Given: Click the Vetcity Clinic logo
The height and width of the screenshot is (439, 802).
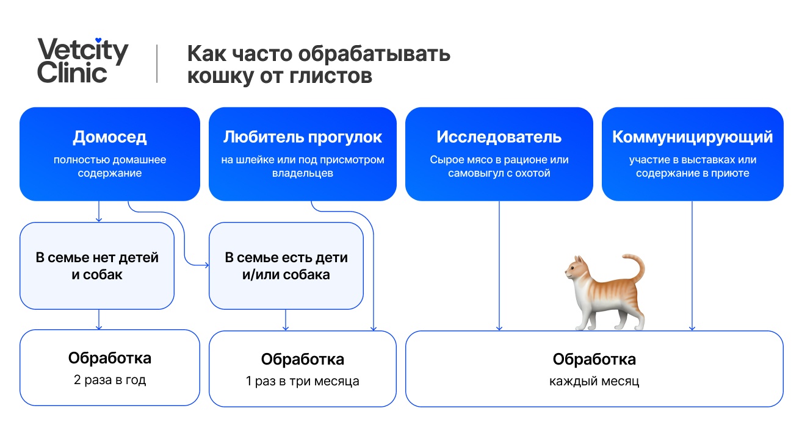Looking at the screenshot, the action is coord(83,60).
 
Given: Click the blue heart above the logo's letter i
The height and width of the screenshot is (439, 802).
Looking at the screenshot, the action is coord(98,40).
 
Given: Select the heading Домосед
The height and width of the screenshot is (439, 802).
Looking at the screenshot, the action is coord(110,137).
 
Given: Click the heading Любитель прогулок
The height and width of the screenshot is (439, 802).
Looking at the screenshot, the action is coord(303,137).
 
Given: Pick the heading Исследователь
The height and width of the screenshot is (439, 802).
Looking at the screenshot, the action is coord(499,137).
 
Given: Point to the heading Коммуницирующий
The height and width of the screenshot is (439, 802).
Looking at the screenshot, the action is coord(692,137).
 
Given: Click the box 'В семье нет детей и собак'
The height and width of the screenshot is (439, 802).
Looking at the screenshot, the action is coord(97,266).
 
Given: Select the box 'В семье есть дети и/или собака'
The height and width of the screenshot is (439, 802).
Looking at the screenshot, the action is coord(286,266).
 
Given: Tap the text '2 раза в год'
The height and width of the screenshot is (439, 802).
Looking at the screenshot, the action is coord(110,380).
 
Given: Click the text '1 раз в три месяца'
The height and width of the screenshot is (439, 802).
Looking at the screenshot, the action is coord(303,382).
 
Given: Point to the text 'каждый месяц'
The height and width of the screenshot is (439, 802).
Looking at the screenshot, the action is coord(594,382).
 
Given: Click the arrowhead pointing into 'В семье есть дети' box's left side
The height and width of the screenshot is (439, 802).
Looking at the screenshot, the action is coord(206,265).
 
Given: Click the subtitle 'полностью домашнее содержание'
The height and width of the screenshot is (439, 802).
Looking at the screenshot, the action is coord(110,166).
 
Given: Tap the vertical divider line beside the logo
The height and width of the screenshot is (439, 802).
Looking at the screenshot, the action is coord(157,63).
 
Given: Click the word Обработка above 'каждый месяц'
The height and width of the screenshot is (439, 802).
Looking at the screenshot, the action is coord(594,359).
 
